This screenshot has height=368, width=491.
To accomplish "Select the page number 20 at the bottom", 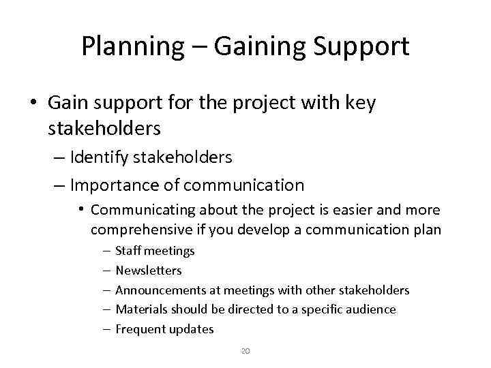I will (245, 351).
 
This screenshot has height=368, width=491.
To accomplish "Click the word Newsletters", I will (149, 271).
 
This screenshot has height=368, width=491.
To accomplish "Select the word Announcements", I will (160, 290).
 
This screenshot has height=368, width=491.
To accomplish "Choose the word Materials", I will (142, 309).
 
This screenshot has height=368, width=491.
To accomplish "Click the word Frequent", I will (138, 329).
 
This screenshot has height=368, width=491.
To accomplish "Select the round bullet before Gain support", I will (33, 103).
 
